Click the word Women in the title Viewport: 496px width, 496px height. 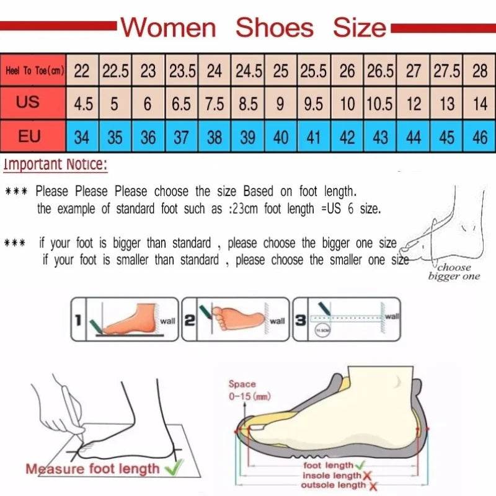168,28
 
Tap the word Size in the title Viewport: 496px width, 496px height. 359,28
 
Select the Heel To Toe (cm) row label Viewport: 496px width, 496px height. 35,71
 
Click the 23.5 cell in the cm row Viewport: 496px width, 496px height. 181,71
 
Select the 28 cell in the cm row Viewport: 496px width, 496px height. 480,71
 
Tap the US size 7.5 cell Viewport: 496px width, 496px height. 214,104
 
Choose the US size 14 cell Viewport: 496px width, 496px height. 480,104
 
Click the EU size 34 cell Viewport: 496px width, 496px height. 82,136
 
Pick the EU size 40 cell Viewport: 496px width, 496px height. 281,136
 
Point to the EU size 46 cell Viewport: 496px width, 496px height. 480,136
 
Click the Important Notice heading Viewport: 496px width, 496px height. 55,165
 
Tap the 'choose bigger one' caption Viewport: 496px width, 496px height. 454,272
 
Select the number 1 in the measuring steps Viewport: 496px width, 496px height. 78,321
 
